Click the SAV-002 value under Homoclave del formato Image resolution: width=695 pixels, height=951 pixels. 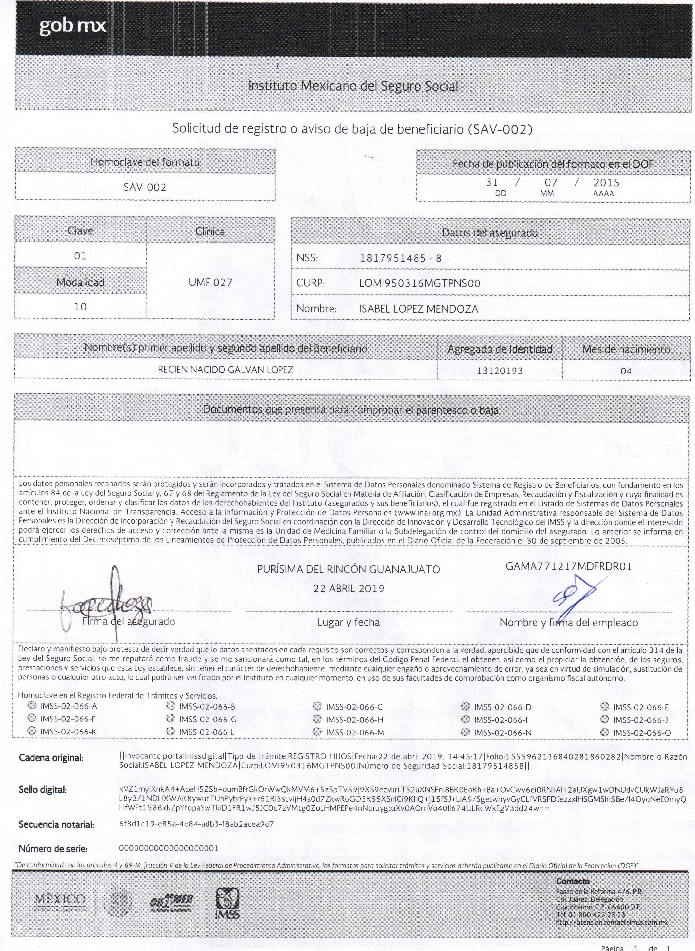(145, 187)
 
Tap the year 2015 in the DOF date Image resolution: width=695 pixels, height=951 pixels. (606, 183)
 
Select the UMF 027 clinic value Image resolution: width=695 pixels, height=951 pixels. (210, 283)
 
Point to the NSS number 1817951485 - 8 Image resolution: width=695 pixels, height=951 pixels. (400, 258)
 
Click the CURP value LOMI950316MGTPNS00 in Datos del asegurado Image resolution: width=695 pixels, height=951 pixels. (419, 284)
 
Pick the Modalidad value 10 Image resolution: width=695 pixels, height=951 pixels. (80, 307)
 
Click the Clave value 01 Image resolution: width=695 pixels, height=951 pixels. (80, 256)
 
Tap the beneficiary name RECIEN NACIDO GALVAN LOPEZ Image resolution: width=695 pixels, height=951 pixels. (225, 370)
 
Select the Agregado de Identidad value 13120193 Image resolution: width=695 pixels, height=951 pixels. (499, 371)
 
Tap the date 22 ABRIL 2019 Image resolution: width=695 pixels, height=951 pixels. (348, 589)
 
